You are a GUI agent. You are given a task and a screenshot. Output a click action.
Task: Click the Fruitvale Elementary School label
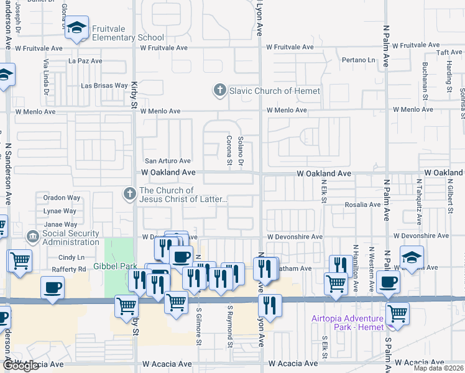pyautogui.click(x=127, y=33)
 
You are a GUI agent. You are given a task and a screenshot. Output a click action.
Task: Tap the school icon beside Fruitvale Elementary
pyautogui.click(x=77, y=29)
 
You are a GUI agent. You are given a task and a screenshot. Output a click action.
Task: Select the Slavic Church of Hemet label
pyautogui.click(x=275, y=91)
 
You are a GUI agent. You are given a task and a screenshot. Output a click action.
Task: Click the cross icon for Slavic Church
pyautogui.click(x=219, y=91)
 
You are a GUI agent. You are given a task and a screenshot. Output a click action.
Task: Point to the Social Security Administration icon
pyautogui.click(x=32, y=237)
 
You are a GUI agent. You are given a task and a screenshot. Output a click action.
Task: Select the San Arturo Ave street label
pyautogui.click(x=168, y=160)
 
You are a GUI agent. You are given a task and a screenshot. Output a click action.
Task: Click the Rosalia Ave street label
pyautogui.click(x=363, y=205)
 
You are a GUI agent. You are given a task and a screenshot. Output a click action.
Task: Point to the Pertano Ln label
pyautogui.click(x=359, y=60)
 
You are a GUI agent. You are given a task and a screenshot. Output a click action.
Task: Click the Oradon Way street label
pyautogui.click(x=62, y=198)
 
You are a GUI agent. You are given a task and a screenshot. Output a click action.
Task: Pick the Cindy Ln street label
pyautogui.click(x=71, y=257)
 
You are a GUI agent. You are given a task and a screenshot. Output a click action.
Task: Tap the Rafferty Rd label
pyautogui.click(x=72, y=269)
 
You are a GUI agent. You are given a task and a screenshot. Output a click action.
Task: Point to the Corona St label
pyautogui.click(x=229, y=149)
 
